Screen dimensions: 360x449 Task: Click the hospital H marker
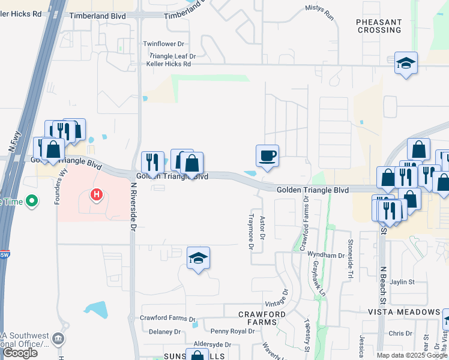point(95,195)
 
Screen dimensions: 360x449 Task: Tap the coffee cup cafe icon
point(267,156)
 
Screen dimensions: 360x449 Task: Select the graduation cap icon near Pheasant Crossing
point(406,63)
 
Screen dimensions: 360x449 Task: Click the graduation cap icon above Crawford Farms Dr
point(198,259)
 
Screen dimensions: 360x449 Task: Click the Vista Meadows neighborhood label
point(403,312)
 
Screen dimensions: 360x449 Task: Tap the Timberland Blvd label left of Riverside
point(98,16)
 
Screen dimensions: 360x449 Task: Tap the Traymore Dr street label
point(252,230)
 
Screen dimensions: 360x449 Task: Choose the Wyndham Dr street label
point(326,255)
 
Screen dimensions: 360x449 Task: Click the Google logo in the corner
point(20,353)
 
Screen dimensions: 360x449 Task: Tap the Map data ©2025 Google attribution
point(412,355)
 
